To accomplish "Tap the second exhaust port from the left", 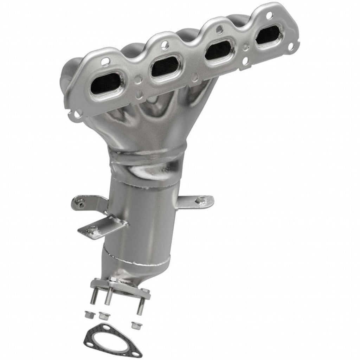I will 165,66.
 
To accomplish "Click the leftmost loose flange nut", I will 88,313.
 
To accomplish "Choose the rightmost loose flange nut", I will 134,324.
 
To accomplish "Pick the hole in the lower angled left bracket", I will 92,230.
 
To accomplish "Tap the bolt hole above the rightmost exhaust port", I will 269,15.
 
